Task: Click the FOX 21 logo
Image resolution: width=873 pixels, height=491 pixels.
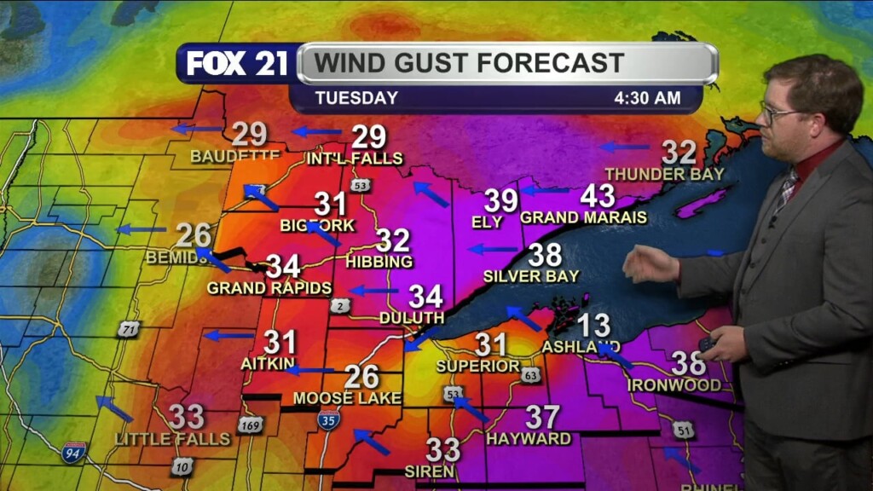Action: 236,64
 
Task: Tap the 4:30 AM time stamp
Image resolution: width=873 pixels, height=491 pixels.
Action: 647,98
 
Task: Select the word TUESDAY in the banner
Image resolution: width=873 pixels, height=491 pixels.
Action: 356,98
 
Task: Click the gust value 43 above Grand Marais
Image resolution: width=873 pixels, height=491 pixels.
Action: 598,196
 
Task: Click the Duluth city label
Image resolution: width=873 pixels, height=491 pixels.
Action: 412,318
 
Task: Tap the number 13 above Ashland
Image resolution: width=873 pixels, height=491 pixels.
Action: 594,326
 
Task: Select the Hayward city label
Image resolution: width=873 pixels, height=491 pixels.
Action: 529,439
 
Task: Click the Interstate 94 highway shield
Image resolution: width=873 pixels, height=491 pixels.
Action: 74,452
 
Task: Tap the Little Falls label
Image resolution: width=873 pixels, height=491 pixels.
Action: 173,439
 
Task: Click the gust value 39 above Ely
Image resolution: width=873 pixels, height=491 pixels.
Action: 501,201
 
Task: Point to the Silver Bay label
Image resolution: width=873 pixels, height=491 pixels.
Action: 530,276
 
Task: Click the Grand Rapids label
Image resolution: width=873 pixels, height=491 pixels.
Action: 269,288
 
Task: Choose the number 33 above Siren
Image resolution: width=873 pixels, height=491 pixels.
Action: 442,449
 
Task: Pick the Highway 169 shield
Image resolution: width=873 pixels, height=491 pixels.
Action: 250,424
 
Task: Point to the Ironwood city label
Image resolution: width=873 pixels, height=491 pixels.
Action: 674,385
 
